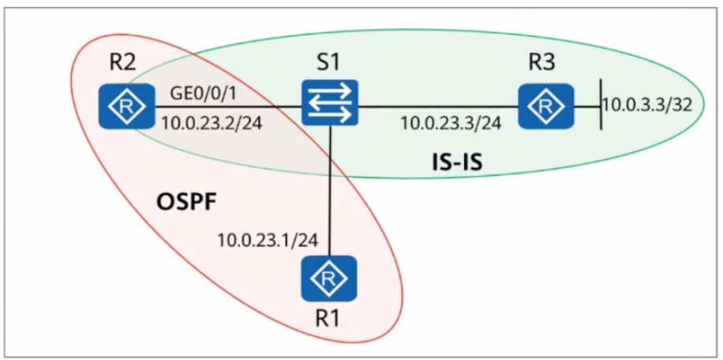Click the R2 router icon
pyautogui.click(x=126, y=107)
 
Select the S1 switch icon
pyautogui.click(x=330, y=103)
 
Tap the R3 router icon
pyautogui.click(x=546, y=107)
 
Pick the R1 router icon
pyautogui.click(x=329, y=279)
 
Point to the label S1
pyautogui.click(x=330, y=62)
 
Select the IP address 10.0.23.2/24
pyautogui.click(x=210, y=124)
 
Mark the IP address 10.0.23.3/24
pyautogui.click(x=451, y=123)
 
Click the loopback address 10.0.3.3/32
pyautogui.click(x=648, y=105)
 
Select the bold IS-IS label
pyautogui.click(x=454, y=163)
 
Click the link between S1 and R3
pyautogui.click(x=439, y=107)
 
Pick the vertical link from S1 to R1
pyautogui.click(x=330, y=190)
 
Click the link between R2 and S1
pyautogui.click(x=228, y=107)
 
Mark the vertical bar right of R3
pyautogui.click(x=601, y=104)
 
